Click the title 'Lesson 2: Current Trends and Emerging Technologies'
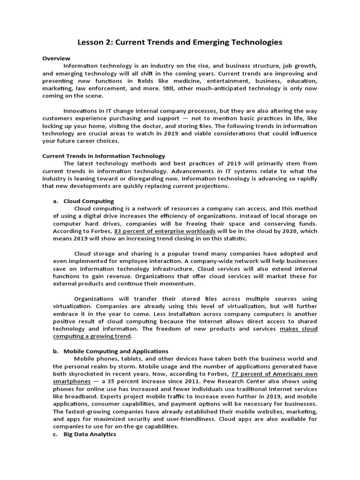tap(180, 43)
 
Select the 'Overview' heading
tap(56, 59)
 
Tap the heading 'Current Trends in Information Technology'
tap(104, 156)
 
